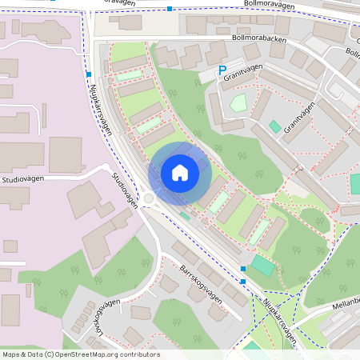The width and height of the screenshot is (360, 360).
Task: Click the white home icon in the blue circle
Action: tap(180, 173)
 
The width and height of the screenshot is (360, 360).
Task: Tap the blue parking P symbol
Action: tap(223, 70)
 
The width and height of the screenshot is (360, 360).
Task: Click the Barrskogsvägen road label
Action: tap(201, 282)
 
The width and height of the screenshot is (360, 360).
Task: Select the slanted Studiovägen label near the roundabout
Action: tap(126, 190)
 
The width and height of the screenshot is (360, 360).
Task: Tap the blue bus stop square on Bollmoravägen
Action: tap(170, 9)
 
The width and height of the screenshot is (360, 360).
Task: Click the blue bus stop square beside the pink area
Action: tap(88, 74)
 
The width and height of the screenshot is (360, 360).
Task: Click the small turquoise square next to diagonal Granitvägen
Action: tap(274, 126)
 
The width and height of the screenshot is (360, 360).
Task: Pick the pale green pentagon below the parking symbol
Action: tap(238, 102)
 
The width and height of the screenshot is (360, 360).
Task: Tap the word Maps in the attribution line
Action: tap(11, 354)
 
